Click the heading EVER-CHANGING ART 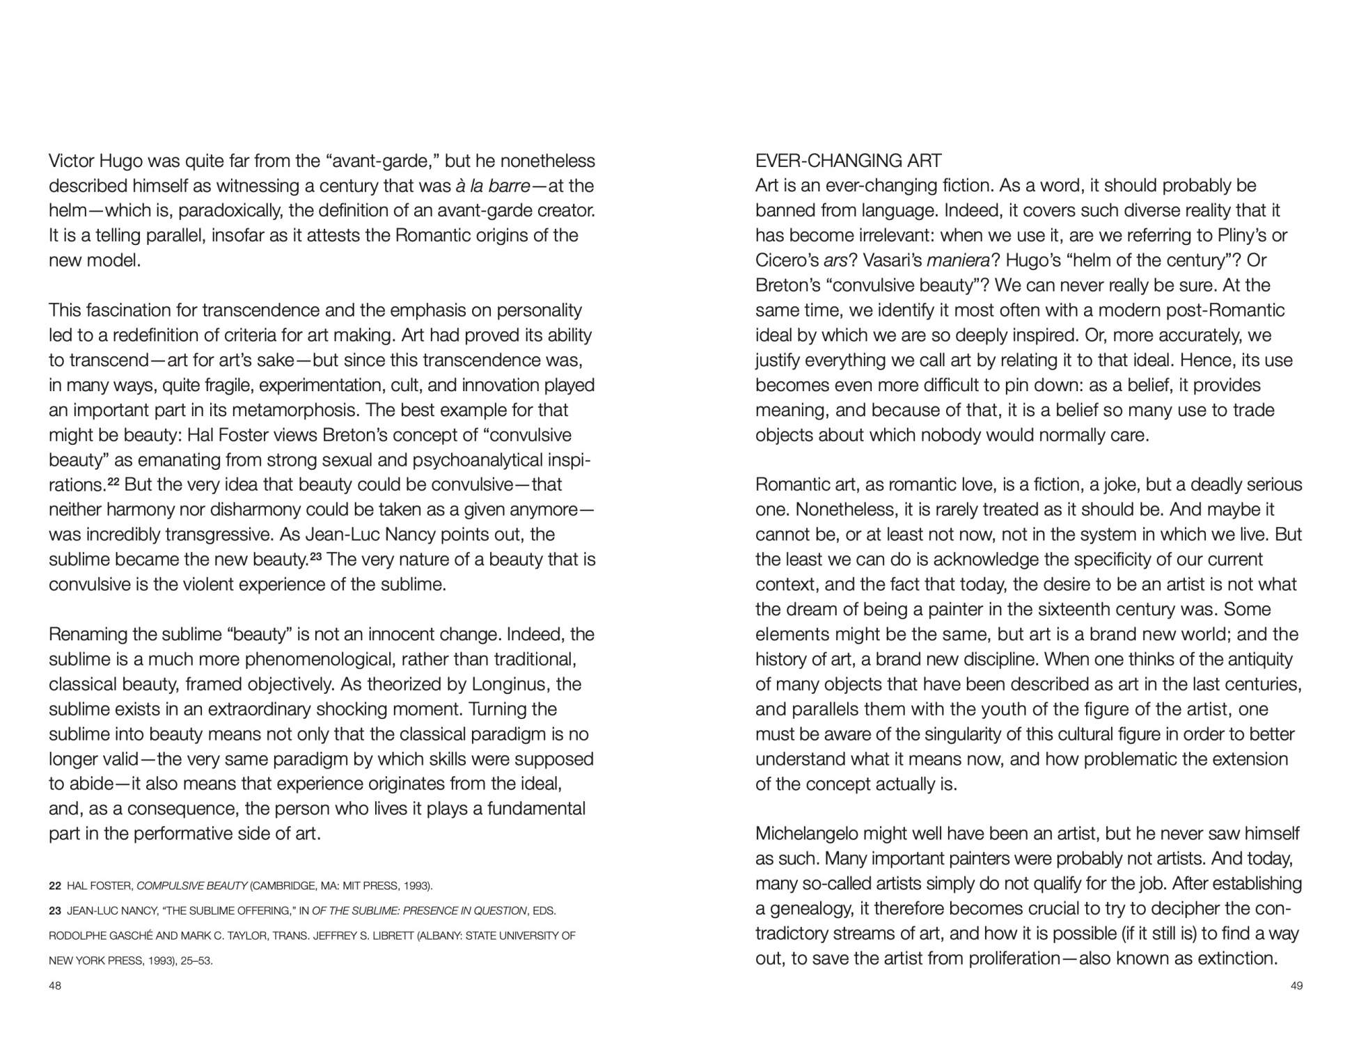click(x=848, y=161)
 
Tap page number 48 click(x=55, y=986)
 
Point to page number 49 click(x=1296, y=986)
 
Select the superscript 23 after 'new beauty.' click(x=315, y=556)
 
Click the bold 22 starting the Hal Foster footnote click(x=55, y=886)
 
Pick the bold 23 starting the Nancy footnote click(x=55, y=911)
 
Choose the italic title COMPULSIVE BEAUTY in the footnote click(x=192, y=886)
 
